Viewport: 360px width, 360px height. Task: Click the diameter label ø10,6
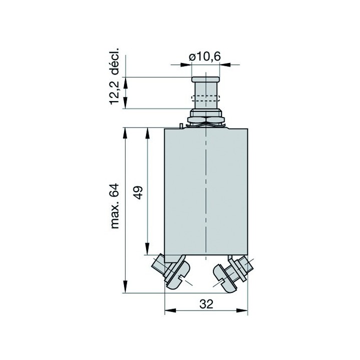click(205, 56)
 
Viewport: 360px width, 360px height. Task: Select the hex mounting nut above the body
click(205, 119)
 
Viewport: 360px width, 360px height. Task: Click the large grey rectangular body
click(205, 190)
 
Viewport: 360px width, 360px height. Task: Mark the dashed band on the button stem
click(205, 98)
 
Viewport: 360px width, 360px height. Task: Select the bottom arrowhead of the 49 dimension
click(147, 249)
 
